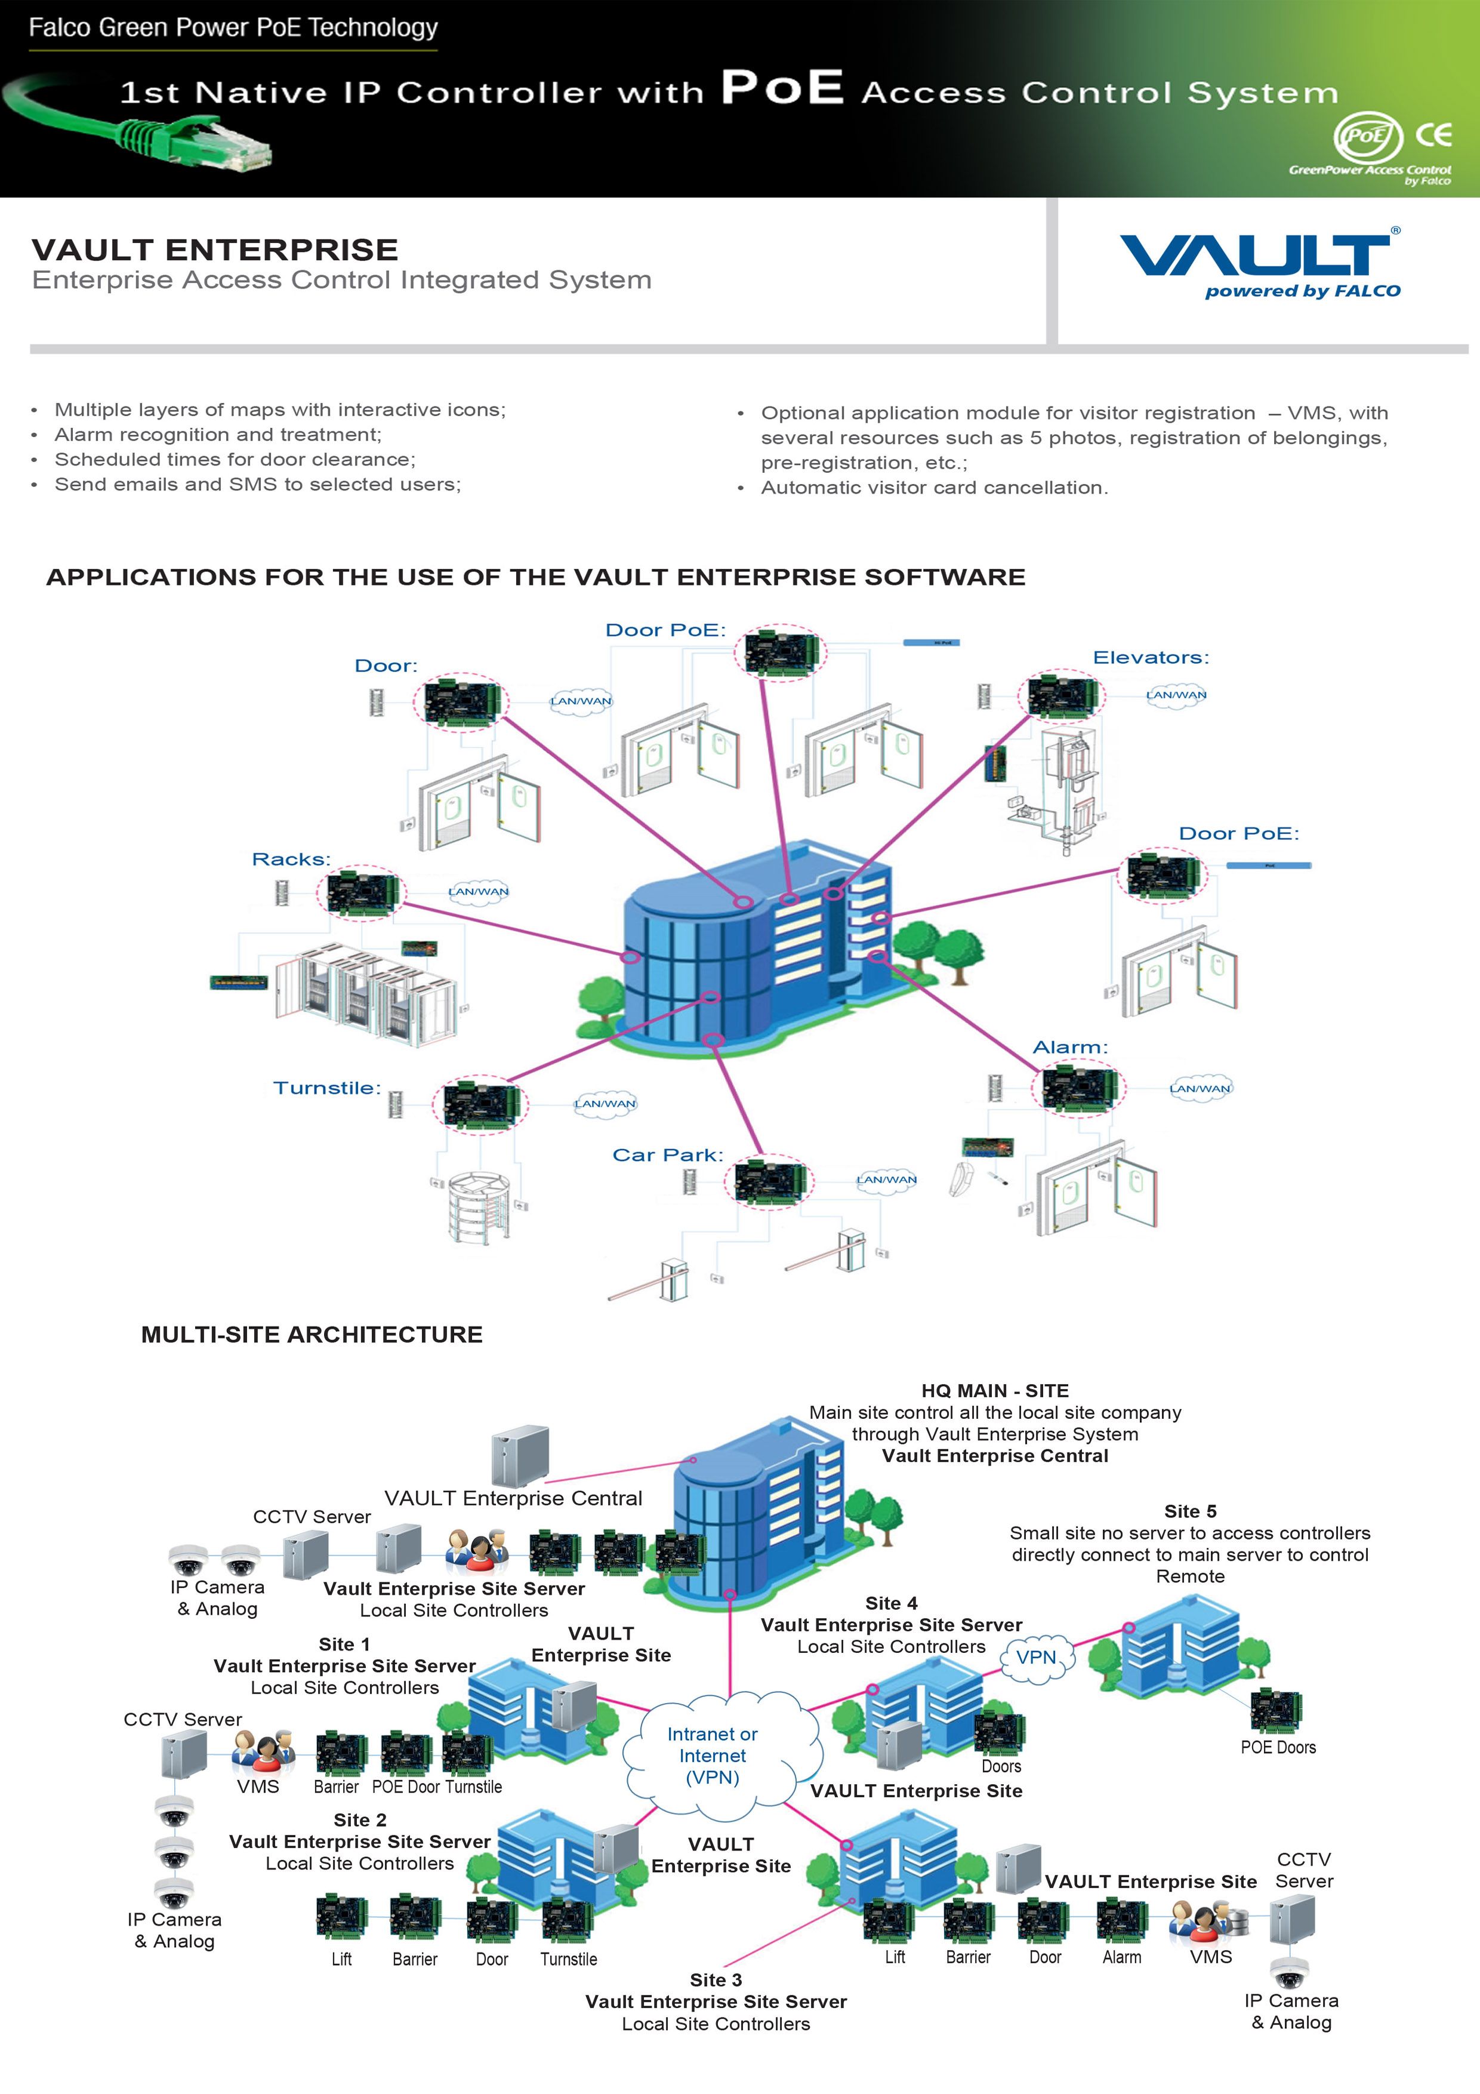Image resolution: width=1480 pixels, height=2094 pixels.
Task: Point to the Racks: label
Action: click(291, 859)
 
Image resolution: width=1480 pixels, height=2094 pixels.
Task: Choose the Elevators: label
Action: click(1151, 658)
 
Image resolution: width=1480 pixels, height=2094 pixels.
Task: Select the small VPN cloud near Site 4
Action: click(1037, 1657)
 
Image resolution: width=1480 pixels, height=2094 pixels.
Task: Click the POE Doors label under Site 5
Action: click(1278, 1747)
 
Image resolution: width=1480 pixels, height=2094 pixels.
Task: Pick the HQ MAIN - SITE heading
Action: click(995, 1391)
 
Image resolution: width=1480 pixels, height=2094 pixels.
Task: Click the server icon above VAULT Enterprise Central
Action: click(520, 1456)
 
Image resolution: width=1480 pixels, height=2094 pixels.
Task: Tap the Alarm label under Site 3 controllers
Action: click(1121, 1957)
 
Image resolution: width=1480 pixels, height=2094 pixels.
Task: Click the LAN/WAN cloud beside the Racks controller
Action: click(479, 892)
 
